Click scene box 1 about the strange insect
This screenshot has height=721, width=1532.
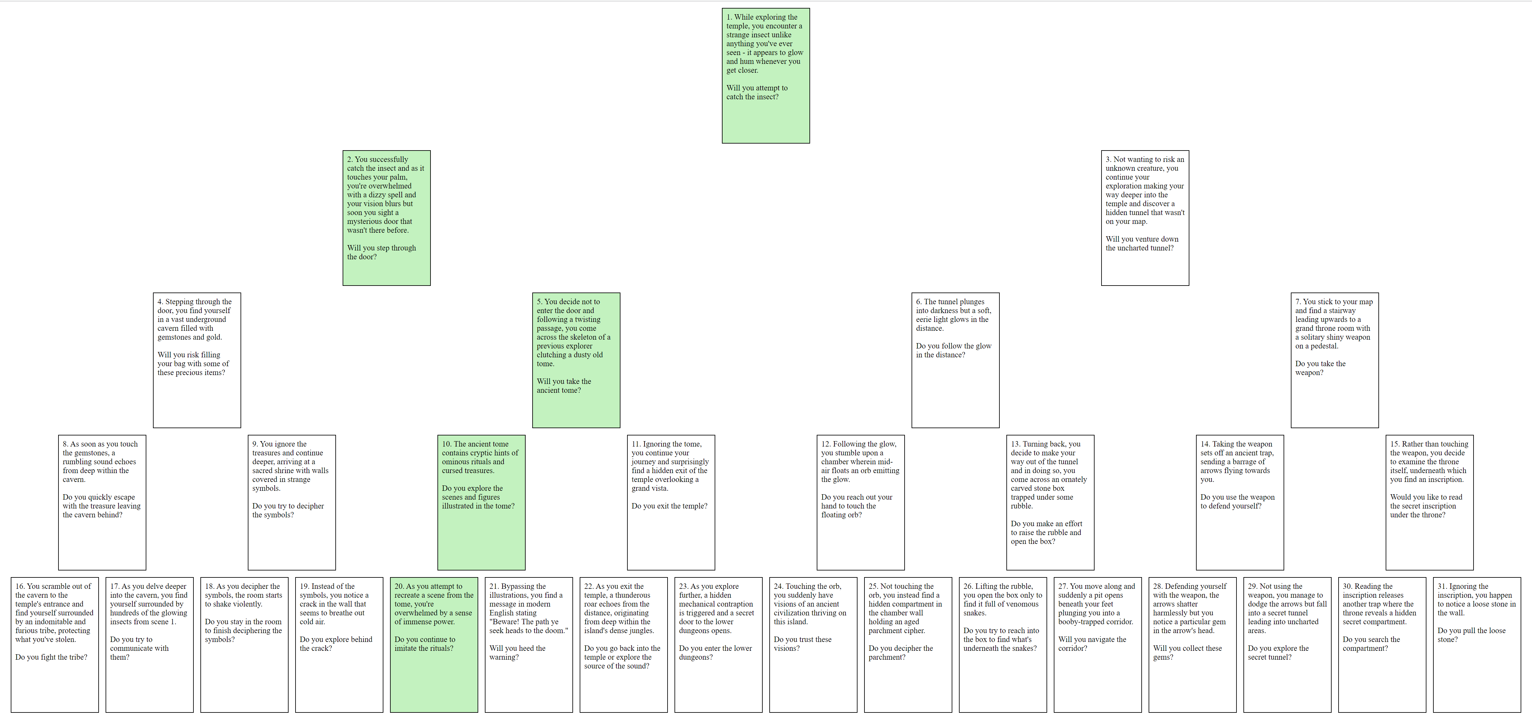pyautogui.click(x=766, y=76)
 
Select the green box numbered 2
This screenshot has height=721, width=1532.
pyautogui.click(x=387, y=218)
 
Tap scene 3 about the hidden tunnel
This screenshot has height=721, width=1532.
pyautogui.click(x=1145, y=218)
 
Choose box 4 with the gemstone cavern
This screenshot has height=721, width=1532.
pyautogui.click(x=197, y=360)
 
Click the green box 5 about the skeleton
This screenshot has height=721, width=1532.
pyautogui.click(x=576, y=360)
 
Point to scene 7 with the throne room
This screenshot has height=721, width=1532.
pyautogui.click(x=1334, y=360)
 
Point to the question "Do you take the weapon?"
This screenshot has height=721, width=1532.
pyautogui.click(x=1320, y=368)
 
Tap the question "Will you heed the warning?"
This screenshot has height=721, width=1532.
pyautogui.click(x=517, y=653)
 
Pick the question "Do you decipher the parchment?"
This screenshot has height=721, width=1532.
pyautogui.click(x=900, y=653)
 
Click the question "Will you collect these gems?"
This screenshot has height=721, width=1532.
pyautogui.click(x=1187, y=653)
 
